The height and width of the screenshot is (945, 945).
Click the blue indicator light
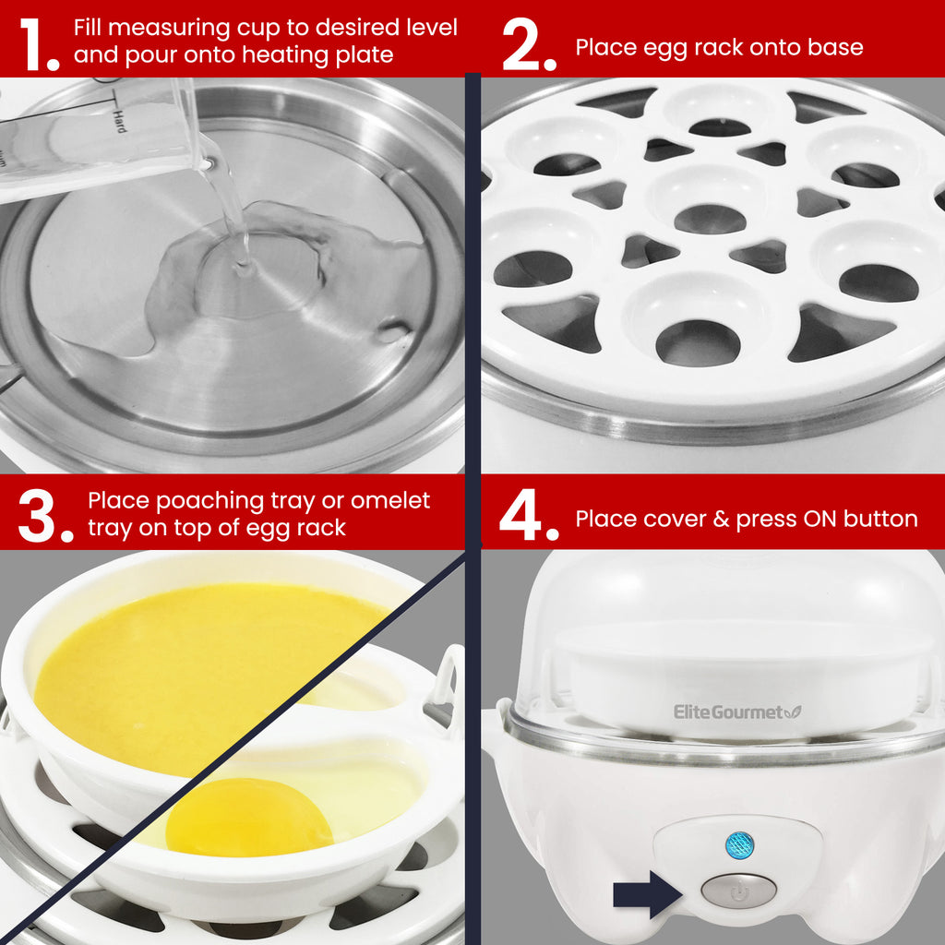tap(739, 844)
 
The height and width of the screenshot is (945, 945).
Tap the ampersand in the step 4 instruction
tap(721, 519)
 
